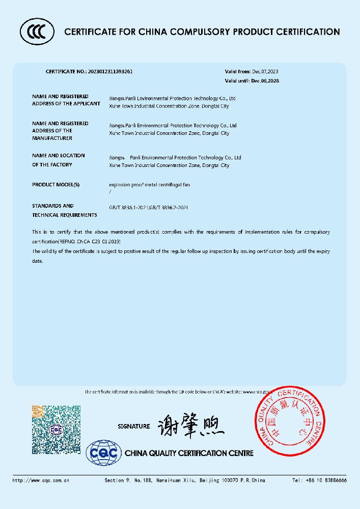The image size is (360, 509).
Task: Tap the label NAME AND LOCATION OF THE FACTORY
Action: pyautogui.click(x=59, y=160)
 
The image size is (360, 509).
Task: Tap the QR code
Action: pyautogui.click(x=57, y=429)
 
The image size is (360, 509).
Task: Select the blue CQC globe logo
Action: pyautogui.click(x=104, y=453)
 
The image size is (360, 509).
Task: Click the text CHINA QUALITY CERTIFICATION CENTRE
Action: pyautogui.click(x=189, y=453)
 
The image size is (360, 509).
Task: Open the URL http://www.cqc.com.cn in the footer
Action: pyautogui.click(x=41, y=480)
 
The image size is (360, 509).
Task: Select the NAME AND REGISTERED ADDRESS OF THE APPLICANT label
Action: pyautogui.click(x=66, y=100)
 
